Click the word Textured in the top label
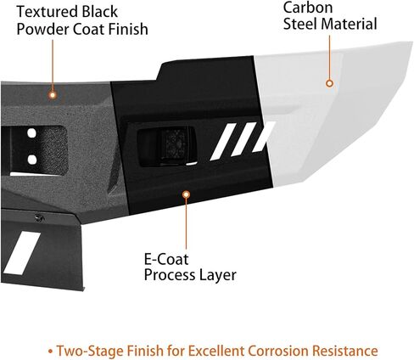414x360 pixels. (x=48, y=12)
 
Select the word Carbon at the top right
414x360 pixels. (x=308, y=8)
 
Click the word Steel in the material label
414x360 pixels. (x=299, y=24)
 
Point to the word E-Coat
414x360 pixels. (x=166, y=259)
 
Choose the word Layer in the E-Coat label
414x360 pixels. (x=218, y=275)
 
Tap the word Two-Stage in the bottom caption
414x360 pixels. (x=90, y=351)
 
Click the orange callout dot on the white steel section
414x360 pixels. (x=329, y=83)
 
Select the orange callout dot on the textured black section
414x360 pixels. (x=53, y=95)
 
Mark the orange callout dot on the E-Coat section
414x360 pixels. (x=186, y=194)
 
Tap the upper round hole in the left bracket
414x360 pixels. (x=32, y=133)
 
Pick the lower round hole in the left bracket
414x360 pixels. (x=32, y=160)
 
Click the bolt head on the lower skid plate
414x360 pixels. (x=39, y=218)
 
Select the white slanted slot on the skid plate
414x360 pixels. (x=22, y=253)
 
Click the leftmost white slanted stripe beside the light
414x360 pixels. (x=223, y=142)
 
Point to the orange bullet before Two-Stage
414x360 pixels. (x=50, y=352)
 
